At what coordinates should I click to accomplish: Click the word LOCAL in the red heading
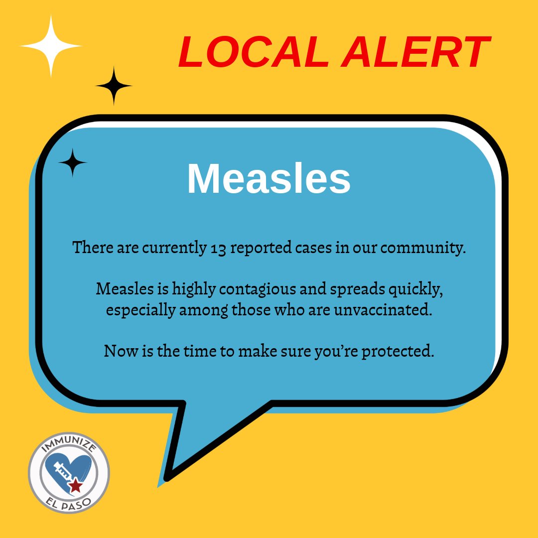click(x=254, y=52)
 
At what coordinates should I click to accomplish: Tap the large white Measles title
click(x=269, y=179)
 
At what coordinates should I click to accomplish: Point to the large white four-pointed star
click(x=51, y=46)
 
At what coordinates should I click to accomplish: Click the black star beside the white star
click(x=114, y=86)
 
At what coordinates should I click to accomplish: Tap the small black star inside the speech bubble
click(x=73, y=162)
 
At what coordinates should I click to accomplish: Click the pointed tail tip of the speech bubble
click(x=168, y=479)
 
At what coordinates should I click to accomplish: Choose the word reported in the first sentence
click(x=259, y=248)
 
